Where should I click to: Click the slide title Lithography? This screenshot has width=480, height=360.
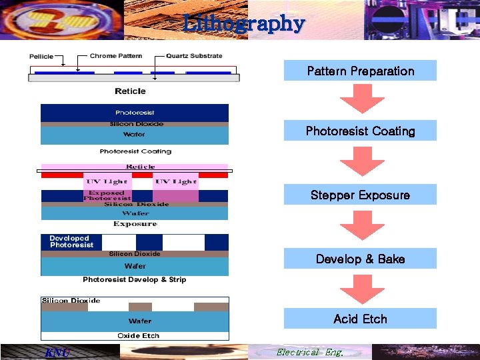click(244, 24)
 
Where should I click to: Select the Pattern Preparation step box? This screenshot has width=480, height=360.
click(360, 71)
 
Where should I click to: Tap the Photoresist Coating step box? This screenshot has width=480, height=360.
click(360, 131)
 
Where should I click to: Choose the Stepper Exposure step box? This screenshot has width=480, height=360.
click(360, 195)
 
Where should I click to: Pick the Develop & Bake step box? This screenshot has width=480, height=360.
click(360, 259)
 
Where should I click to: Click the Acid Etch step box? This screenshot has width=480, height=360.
click(360, 319)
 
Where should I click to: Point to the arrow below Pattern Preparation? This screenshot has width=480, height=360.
click(361, 99)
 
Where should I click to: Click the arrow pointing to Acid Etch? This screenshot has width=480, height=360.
click(361, 289)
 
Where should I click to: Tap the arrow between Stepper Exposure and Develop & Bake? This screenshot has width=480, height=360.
click(361, 225)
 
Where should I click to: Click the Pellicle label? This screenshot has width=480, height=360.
click(41, 57)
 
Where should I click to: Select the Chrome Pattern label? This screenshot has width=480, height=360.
click(112, 56)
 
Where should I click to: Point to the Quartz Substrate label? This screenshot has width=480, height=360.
click(194, 56)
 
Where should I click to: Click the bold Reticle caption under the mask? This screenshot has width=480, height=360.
click(130, 91)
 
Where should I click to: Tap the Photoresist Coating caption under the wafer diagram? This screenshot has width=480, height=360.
click(135, 151)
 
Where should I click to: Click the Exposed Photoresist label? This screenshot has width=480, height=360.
click(107, 195)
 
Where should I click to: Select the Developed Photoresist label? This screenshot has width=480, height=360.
click(71, 241)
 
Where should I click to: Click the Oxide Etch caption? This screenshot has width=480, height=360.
click(138, 335)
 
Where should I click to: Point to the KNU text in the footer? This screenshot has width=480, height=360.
click(56, 353)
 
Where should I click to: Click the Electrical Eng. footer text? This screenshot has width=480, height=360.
click(309, 352)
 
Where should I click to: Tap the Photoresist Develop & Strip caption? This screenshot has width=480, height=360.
click(134, 279)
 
